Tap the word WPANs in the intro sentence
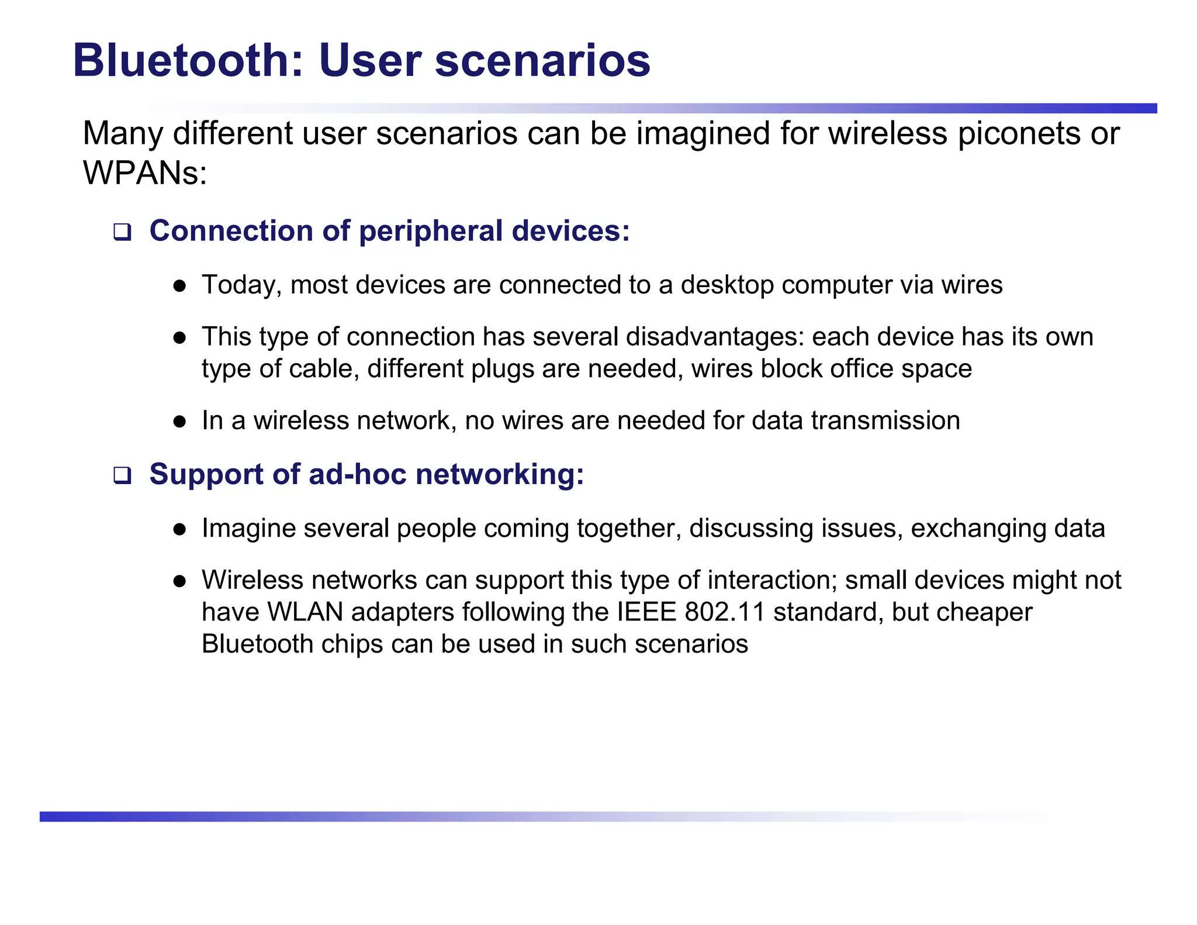coord(144,173)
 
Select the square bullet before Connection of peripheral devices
coord(122,232)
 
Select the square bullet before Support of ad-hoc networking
coord(122,475)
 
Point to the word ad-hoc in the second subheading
coord(357,474)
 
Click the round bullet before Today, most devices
coord(179,286)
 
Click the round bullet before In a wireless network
coord(179,422)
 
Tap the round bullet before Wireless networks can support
coord(179,581)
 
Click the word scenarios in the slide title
coord(542,61)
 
